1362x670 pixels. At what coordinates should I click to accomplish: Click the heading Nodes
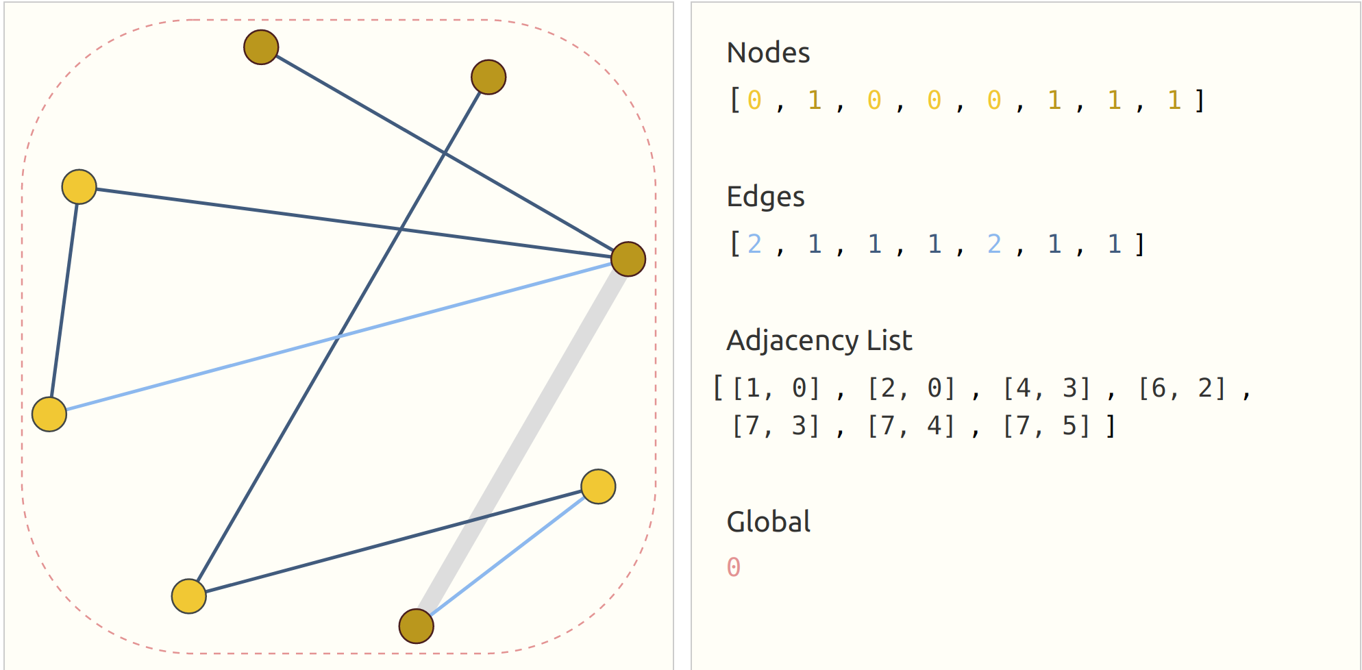coord(768,53)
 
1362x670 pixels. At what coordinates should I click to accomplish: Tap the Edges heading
coord(765,197)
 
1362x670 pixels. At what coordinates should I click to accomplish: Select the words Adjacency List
coord(819,340)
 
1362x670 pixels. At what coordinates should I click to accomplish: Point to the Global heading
coord(768,522)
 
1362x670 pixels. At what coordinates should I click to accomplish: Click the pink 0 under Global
coord(734,567)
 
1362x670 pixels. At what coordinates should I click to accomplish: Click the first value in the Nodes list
coord(754,101)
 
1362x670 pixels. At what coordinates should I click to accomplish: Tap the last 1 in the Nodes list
coord(1174,101)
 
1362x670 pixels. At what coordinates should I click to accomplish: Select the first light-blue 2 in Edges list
coord(754,245)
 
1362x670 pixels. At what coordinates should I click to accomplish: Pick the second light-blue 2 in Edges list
coord(994,245)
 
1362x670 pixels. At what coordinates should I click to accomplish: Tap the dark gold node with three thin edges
coord(628,260)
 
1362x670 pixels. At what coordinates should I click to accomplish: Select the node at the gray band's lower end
coord(417,626)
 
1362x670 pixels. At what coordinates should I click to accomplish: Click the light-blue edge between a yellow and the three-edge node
coord(338,336)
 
